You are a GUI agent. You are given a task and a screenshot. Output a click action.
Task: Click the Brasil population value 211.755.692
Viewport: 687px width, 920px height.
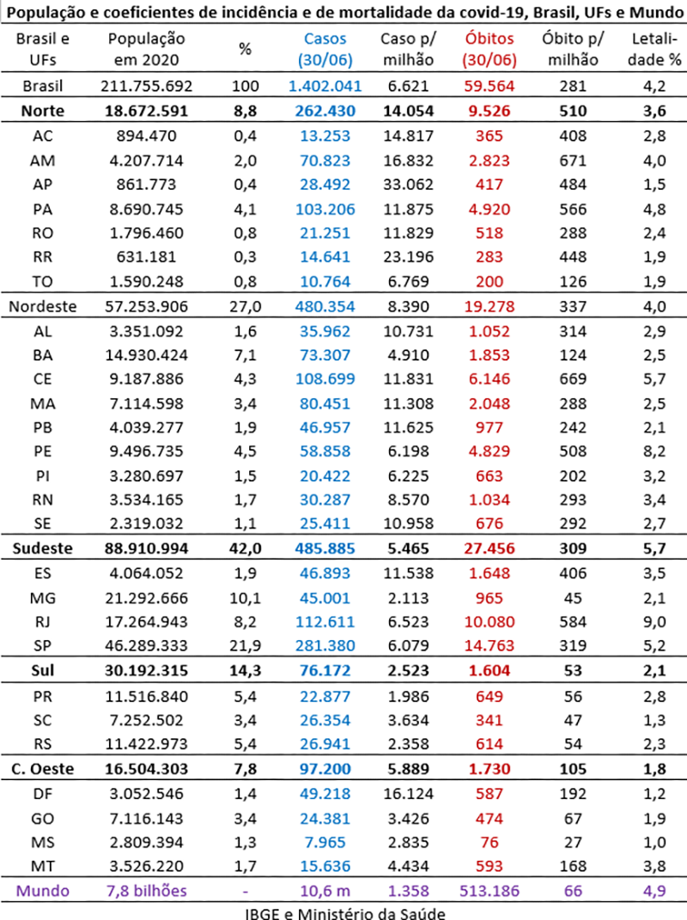(146, 86)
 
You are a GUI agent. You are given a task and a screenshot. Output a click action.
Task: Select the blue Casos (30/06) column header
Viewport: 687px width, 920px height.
(325, 49)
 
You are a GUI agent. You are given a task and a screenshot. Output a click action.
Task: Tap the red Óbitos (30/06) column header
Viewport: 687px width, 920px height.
(489, 49)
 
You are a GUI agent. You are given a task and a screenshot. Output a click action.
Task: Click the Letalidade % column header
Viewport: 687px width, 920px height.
(654, 49)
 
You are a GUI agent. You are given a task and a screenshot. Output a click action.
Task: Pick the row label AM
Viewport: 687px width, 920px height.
(43, 160)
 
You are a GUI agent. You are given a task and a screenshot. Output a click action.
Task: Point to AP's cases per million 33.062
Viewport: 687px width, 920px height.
(408, 185)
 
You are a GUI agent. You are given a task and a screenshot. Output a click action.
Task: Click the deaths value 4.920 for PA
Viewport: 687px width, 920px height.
(489, 209)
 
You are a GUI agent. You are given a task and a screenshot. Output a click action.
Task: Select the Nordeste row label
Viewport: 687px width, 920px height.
(43, 306)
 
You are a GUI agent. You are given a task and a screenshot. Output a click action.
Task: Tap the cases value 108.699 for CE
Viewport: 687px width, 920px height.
(325, 379)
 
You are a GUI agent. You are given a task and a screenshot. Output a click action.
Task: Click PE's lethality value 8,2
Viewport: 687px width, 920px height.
(654, 451)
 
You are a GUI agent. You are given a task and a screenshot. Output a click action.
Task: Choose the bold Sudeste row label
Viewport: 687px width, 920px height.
(43, 548)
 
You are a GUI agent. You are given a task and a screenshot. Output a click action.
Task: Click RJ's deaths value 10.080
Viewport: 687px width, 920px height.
(489, 622)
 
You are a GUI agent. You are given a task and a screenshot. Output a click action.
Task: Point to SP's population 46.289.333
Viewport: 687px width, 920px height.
(146, 645)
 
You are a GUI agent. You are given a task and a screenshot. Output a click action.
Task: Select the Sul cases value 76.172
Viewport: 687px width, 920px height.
(325, 670)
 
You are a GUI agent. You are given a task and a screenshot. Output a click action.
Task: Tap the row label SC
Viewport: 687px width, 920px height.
(43, 721)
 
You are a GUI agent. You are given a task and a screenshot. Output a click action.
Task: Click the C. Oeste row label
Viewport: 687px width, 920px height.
(43, 769)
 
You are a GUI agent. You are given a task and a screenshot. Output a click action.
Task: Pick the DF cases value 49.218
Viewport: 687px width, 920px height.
(325, 794)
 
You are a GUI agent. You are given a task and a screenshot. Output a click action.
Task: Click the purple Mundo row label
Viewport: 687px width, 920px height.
(43, 891)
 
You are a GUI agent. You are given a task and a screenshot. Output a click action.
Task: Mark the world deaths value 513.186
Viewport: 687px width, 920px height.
(489, 891)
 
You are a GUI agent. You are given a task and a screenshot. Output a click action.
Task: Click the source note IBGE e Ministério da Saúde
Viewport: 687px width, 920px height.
(345, 913)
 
